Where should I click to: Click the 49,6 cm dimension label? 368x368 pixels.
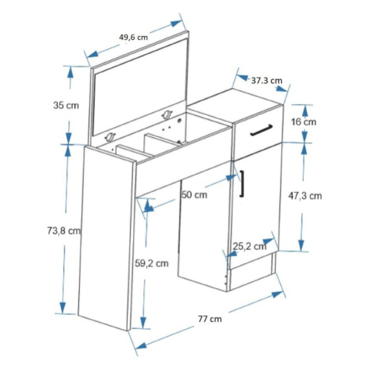coord(133,38)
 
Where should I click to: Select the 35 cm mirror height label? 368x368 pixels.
coord(66,106)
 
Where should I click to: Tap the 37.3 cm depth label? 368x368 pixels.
coord(266,81)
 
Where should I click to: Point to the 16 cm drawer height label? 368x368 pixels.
coord(304,121)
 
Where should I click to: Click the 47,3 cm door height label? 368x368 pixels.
coord(305,196)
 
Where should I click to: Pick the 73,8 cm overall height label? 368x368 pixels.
coord(63,230)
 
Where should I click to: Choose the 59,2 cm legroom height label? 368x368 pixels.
coord(151,263)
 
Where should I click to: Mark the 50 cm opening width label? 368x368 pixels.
coord(194,194)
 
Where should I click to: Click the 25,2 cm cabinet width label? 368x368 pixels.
coord(250,246)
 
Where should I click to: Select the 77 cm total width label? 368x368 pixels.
coord(210,319)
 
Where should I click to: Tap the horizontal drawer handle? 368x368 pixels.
coord(262,130)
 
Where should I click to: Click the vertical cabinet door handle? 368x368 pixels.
coord(242,183)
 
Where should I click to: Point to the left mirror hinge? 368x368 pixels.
coord(110,136)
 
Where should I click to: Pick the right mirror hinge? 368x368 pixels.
coord(167,114)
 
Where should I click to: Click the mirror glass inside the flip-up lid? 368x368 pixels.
coord(140,87)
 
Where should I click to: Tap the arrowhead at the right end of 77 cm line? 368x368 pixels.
coord(277,294)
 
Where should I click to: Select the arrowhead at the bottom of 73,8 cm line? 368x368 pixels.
coord(63,308)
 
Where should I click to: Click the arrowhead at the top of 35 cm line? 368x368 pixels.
coord(70,72)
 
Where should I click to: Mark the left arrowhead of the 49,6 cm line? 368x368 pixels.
coord(92,54)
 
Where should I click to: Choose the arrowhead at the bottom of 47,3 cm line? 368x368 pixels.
coord(301,245)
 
